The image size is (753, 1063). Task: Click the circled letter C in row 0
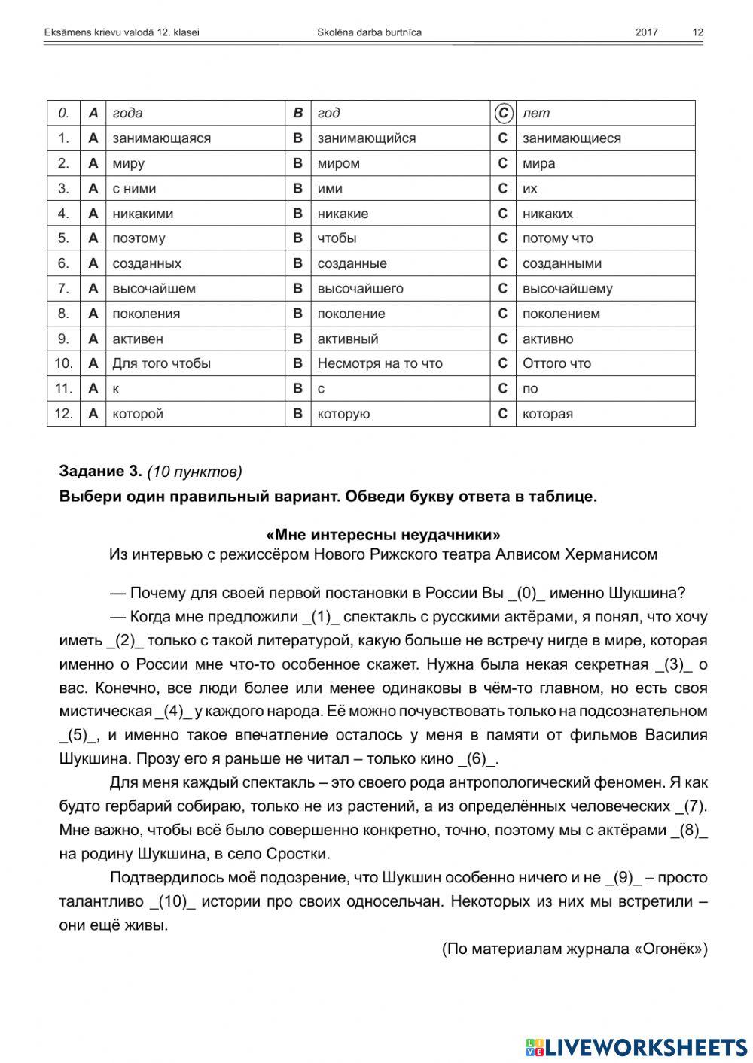[x=503, y=113]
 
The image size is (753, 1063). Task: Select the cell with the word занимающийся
[x=366, y=138]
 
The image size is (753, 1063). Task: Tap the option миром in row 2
[x=338, y=163]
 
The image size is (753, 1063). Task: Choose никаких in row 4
[x=547, y=214]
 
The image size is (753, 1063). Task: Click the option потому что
[x=557, y=238]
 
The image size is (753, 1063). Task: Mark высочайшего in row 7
[x=360, y=289]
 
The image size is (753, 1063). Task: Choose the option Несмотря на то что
[x=380, y=363]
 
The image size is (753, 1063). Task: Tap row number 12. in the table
[x=63, y=414]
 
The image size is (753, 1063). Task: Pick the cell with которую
[x=343, y=414]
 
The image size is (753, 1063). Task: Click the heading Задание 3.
[x=100, y=472]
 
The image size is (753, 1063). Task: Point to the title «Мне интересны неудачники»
[x=383, y=535]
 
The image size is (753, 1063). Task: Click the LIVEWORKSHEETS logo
[x=636, y=1046]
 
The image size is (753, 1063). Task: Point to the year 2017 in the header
[x=646, y=32]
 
